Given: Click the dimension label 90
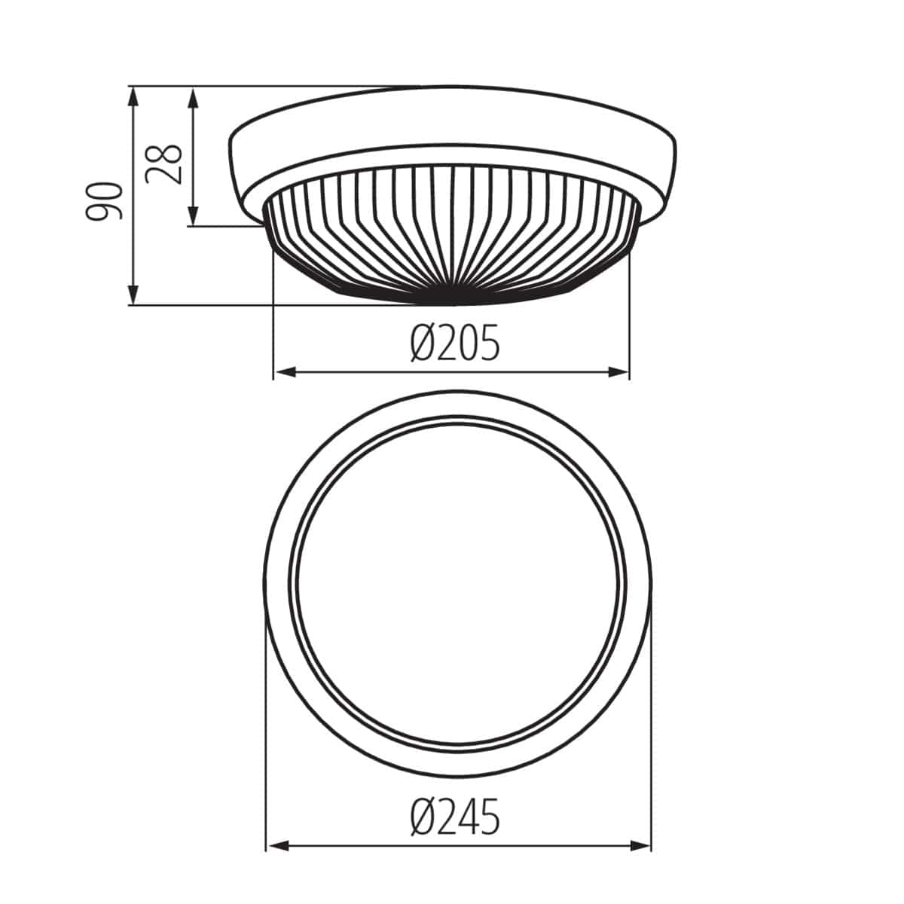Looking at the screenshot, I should point(103,201).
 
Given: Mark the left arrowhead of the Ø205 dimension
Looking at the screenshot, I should point(279,371).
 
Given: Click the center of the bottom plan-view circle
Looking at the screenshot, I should point(458,583).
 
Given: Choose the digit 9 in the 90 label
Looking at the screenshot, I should point(103,212).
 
